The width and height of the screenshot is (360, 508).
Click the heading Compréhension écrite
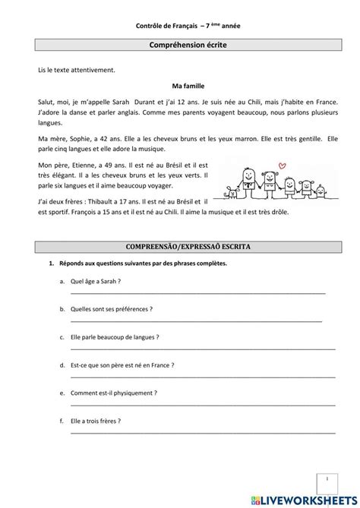coord(179,46)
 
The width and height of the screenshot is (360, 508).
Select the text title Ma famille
coord(179,86)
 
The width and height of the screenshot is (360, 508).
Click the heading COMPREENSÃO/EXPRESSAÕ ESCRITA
coord(179,248)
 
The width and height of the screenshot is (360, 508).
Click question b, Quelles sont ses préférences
coord(110,309)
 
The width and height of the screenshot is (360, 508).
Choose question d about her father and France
coord(122,365)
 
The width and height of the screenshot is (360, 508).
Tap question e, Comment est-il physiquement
coord(113,393)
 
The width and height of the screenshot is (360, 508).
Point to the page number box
coord(326,481)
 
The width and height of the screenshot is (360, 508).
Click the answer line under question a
coord(197,292)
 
